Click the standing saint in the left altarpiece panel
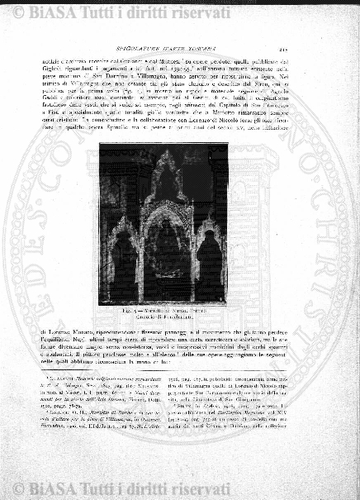[x=125, y=265]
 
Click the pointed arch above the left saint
[x=123, y=227]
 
